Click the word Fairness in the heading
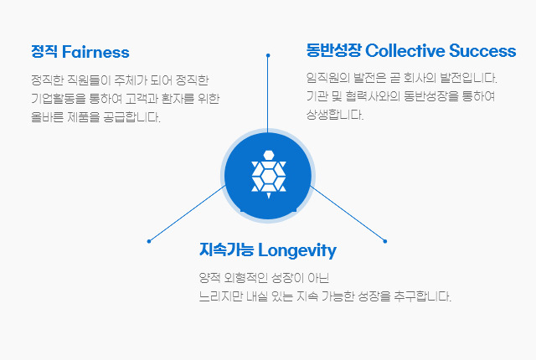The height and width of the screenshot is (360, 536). [x=95, y=52]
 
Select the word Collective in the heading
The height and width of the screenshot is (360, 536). [x=405, y=50]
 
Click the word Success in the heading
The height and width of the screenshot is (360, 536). [x=482, y=50]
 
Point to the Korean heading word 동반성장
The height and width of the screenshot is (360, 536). [x=333, y=50]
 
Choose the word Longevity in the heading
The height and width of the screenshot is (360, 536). [x=297, y=250]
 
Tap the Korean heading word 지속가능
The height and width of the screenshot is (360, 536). [x=227, y=249]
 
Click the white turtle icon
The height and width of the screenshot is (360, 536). [x=269, y=174]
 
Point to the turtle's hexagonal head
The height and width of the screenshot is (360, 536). [x=269, y=155]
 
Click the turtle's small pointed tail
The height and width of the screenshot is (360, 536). [x=269, y=195]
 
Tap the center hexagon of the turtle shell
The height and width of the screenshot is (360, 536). [x=269, y=176]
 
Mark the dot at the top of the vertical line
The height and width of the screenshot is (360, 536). [x=268, y=55]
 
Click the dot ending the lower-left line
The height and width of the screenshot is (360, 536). [x=149, y=241]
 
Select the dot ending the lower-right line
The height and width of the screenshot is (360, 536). [x=385, y=241]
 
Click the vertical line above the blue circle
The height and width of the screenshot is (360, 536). [x=268, y=93]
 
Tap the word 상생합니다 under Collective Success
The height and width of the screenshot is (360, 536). [x=335, y=115]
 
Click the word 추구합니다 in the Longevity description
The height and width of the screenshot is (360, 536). [x=422, y=296]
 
